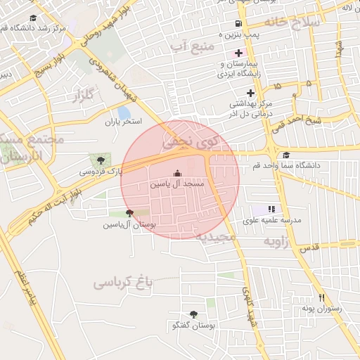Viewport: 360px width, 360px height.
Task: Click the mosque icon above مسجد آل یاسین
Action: (x=176, y=174)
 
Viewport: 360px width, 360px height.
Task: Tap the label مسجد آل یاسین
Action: (x=176, y=184)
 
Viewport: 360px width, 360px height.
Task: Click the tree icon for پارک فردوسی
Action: (x=94, y=161)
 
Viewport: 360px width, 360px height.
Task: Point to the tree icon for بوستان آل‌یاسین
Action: (x=129, y=212)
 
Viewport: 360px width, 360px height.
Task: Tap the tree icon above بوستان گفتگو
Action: (x=193, y=314)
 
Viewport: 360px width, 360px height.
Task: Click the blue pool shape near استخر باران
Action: (x=124, y=112)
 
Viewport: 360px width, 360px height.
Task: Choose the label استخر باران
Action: (x=124, y=122)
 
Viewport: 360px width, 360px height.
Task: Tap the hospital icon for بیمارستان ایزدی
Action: (x=238, y=53)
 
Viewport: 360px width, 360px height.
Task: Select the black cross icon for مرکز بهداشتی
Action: (x=250, y=93)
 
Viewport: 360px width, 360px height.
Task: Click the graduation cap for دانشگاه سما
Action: (x=285, y=155)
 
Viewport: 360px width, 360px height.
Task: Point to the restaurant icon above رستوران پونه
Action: (x=322, y=297)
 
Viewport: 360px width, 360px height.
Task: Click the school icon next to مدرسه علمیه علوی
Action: (x=271, y=209)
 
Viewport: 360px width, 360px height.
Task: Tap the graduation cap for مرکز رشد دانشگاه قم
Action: (x=32, y=18)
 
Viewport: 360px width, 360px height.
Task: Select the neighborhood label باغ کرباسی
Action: (x=123, y=283)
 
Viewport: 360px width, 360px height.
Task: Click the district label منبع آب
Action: (x=191, y=46)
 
